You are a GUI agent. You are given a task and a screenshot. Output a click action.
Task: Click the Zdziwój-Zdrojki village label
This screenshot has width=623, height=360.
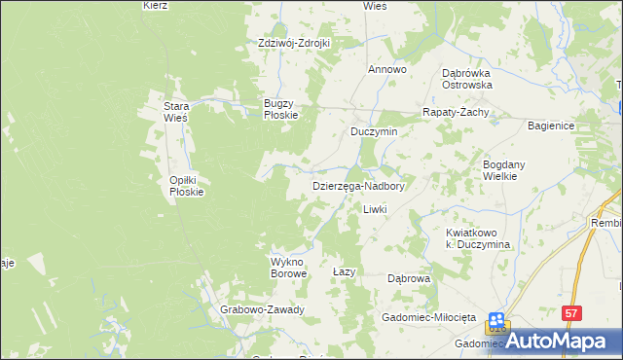point(294,43)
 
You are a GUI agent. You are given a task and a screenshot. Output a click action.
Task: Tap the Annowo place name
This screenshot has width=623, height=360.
point(386,70)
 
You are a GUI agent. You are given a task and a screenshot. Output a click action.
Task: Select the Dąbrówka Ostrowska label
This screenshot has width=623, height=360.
point(466,79)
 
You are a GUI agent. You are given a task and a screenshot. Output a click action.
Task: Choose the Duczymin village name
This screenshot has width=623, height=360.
point(375,131)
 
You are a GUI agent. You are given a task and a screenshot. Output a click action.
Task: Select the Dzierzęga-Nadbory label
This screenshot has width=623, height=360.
point(357,185)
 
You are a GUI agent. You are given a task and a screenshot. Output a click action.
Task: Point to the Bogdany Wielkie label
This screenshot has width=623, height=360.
point(504,171)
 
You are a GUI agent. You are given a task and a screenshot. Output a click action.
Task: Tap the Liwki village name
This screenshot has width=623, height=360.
point(375,210)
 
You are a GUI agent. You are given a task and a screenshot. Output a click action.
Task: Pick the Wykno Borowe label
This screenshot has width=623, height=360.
point(288,268)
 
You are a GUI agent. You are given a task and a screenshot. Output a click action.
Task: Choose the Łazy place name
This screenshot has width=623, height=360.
point(344,271)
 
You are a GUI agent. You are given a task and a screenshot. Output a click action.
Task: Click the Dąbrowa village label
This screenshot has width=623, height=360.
point(409,278)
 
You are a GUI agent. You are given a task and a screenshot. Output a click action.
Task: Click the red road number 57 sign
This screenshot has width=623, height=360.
point(572,312)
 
